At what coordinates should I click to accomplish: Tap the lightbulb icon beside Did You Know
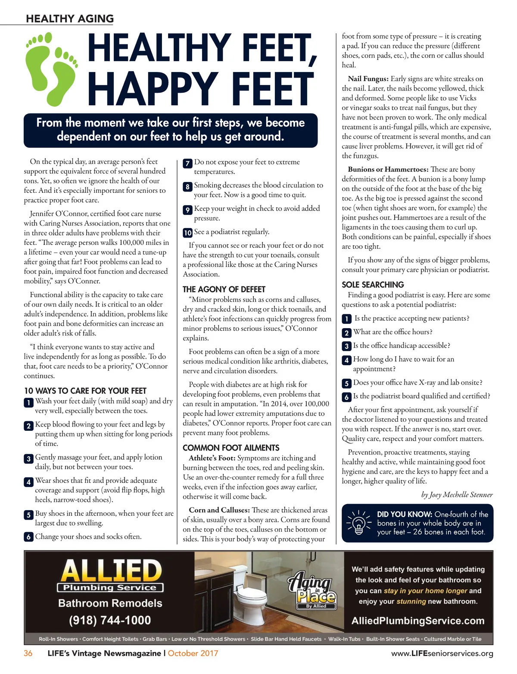358,523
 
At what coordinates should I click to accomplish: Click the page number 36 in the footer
28,653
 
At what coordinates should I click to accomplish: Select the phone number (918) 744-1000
110,621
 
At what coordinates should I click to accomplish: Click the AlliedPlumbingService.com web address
418,621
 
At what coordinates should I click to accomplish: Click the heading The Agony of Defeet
224,289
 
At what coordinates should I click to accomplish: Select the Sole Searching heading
373,285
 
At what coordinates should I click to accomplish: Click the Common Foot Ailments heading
231,448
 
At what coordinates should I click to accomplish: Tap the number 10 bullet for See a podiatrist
187,233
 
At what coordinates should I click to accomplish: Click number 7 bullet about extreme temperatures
187,163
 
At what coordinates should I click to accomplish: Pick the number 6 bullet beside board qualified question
346,397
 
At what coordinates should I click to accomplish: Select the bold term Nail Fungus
368,79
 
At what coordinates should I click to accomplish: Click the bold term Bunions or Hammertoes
388,169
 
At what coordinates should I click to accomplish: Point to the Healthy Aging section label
70,19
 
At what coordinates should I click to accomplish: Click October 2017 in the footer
193,653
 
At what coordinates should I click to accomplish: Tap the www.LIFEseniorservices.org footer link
442,654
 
